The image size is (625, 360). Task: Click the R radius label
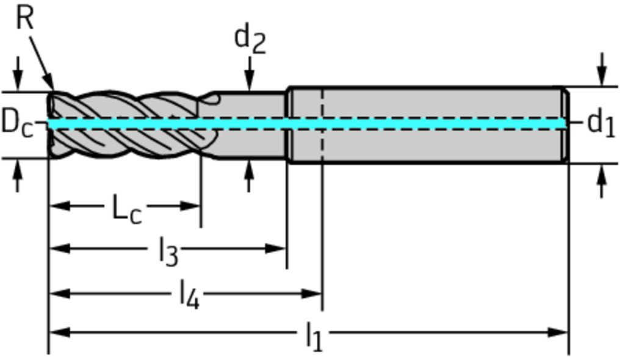[x=24, y=18]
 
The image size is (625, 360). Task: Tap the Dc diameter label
[x=16, y=122]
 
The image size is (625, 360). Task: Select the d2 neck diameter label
[x=250, y=39]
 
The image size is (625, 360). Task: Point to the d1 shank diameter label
[x=601, y=123]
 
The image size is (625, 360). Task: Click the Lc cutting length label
[x=127, y=209]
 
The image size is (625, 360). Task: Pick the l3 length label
[x=168, y=251]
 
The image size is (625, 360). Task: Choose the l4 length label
[x=189, y=295]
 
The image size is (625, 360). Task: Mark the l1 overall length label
[x=314, y=336]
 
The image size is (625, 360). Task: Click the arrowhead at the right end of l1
[x=560, y=333]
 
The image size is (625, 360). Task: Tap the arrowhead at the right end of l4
[x=314, y=293]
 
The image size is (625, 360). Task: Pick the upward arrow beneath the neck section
[x=248, y=168]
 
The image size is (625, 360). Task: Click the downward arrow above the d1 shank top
[x=602, y=79]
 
